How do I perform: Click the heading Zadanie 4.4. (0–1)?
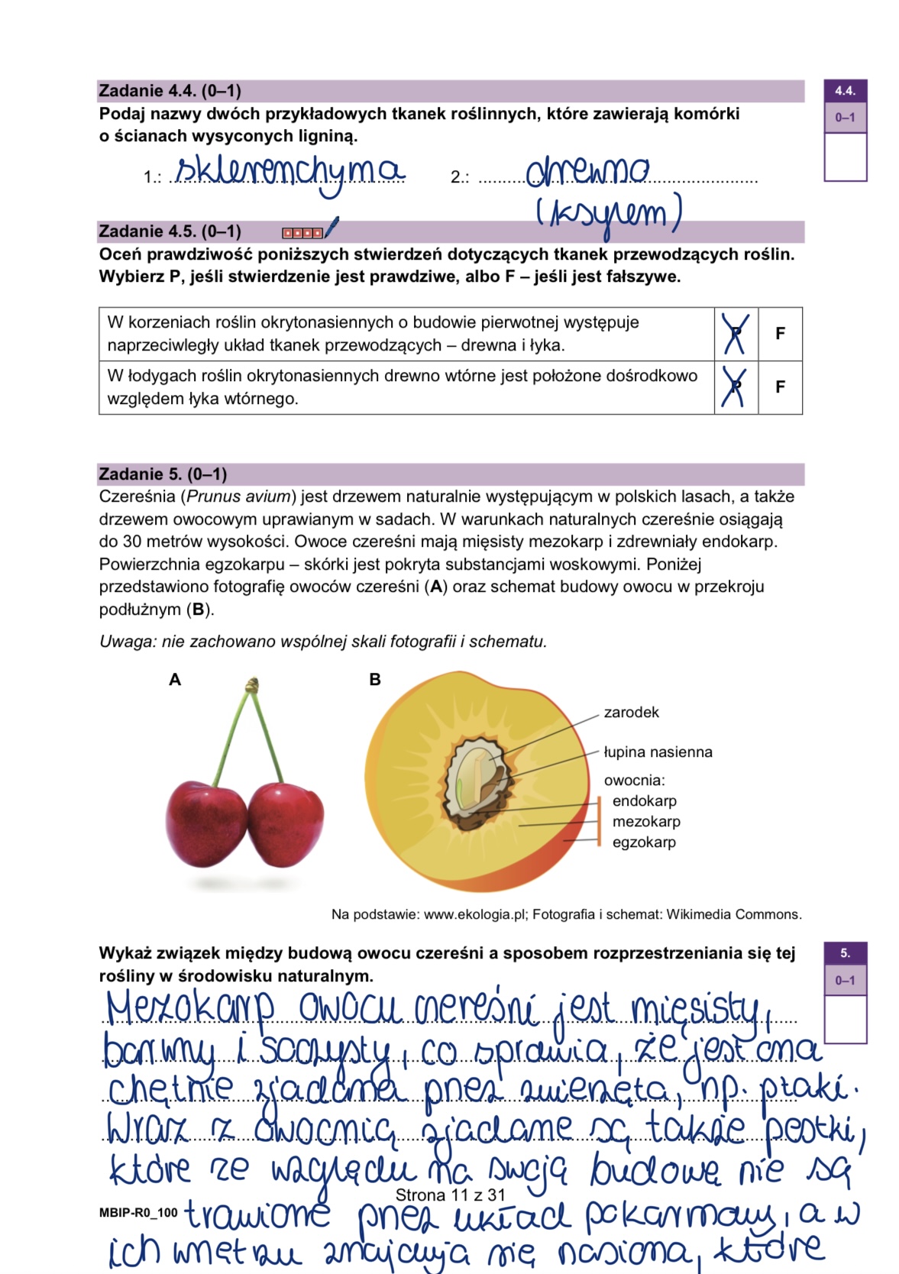[x=170, y=91]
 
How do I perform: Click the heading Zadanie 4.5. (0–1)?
[x=170, y=231]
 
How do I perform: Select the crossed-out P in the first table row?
[x=736, y=334]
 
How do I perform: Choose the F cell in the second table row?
[x=780, y=387]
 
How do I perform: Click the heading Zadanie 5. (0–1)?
[x=163, y=474]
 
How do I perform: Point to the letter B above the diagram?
[x=374, y=680]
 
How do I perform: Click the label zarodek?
[x=631, y=713]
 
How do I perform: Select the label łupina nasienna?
[x=658, y=752]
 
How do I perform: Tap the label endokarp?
[x=644, y=801]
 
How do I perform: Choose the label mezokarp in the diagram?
[x=646, y=822]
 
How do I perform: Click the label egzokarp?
[x=644, y=842]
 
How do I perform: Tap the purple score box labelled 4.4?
[x=845, y=91]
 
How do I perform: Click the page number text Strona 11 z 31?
[x=451, y=1195]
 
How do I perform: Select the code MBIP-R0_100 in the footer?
[x=138, y=1212]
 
